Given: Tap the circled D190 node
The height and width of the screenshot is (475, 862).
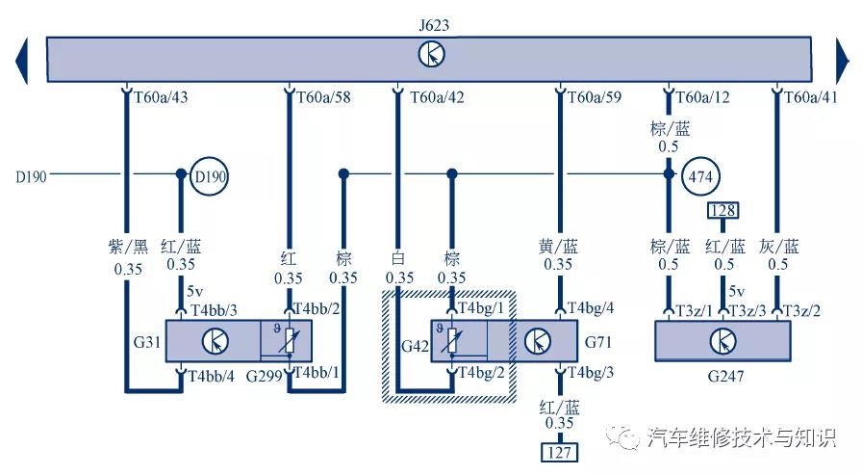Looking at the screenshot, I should pos(209,176).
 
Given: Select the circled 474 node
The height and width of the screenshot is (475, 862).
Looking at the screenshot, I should pos(700,176).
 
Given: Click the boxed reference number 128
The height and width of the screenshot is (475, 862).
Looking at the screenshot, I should pos(723,210).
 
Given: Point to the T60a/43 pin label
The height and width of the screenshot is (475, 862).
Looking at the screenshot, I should pos(160,97).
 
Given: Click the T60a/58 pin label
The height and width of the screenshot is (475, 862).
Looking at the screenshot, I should pos(324,97).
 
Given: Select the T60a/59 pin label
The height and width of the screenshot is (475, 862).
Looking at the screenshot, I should pos(596,97).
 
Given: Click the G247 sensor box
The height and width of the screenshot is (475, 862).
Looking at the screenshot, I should pos(722,341).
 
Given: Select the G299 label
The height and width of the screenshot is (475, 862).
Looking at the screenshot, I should pos(264,374).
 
